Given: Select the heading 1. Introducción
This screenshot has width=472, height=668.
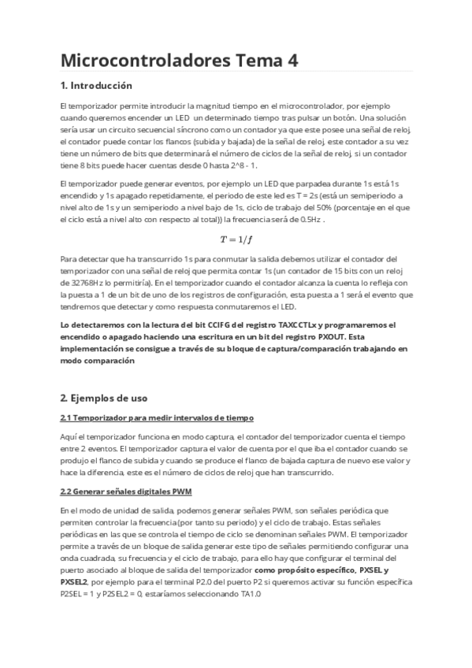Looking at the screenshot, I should (x=96, y=85).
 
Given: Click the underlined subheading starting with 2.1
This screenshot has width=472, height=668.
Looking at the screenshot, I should (x=157, y=417).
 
